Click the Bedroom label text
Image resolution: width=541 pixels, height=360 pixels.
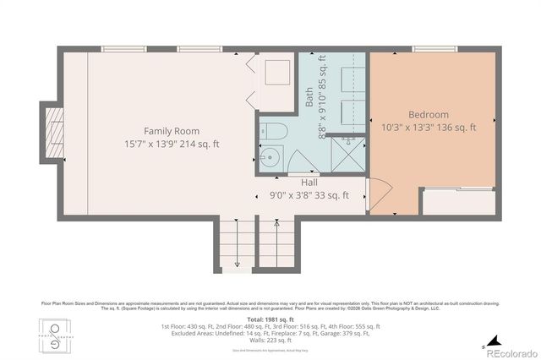click(x=429, y=114)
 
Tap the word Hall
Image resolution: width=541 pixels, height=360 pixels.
click(x=310, y=182)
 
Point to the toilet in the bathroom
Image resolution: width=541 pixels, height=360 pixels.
click(x=270, y=131)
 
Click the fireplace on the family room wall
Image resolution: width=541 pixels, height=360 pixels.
click(x=52, y=132)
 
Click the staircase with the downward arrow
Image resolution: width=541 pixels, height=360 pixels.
click(x=237, y=245)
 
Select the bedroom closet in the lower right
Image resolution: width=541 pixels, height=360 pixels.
click(x=458, y=203)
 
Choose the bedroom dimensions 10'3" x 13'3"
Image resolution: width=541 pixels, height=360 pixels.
click(x=429, y=128)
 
